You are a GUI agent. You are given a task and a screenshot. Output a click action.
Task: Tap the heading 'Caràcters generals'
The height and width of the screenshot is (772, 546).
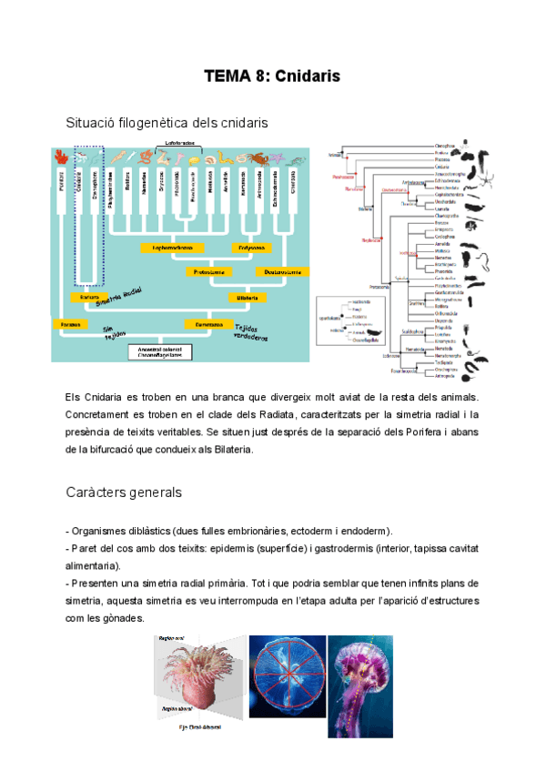pyautogui.click(x=125, y=493)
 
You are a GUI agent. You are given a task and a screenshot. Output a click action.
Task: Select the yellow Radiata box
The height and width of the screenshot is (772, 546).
pyautogui.click(x=89, y=298)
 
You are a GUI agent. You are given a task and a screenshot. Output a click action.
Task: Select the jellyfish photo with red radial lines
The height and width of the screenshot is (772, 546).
pyautogui.click(x=287, y=686)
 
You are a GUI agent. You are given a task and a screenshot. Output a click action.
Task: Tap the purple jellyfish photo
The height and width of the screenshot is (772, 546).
pyautogui.click(x=359, y=686)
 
